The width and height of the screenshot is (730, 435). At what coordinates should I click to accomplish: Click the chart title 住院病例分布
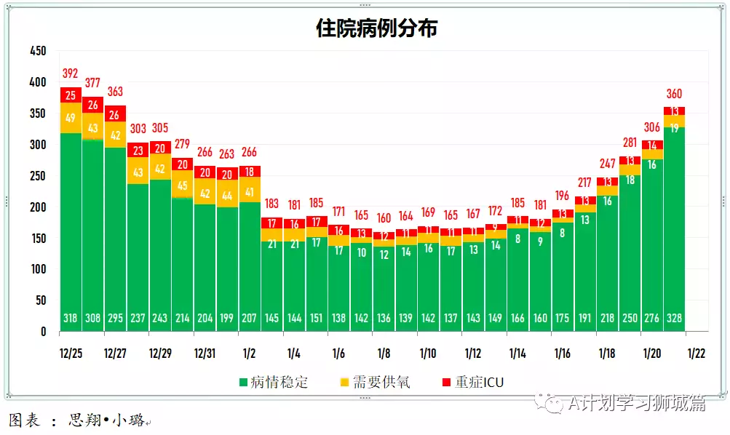376,28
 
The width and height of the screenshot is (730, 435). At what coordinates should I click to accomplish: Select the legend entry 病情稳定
279,383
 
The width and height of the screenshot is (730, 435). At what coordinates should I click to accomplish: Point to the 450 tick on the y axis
37,52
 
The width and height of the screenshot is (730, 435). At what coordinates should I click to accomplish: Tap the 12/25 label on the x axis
71,354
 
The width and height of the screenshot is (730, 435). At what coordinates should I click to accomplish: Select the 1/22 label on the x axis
697,354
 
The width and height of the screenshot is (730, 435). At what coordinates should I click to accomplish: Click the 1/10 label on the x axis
428,354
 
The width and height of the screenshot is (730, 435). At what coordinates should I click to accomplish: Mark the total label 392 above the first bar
71,73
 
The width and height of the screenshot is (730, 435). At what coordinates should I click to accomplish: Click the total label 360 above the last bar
674,94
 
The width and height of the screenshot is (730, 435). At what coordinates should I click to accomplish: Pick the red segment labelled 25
71,95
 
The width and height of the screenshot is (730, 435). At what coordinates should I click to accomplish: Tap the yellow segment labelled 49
71,118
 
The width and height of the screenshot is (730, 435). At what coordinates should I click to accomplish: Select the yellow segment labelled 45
182,185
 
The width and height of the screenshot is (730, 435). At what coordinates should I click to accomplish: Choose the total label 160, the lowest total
384,218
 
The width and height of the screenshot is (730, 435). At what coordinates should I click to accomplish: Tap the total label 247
607,164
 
